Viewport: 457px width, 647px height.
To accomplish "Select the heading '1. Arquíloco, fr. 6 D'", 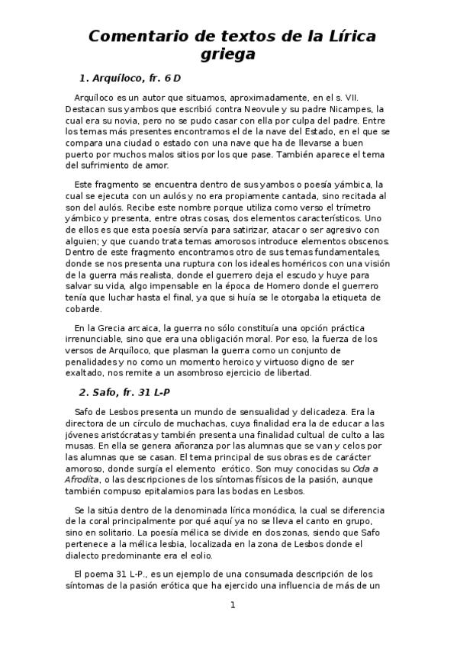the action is click(130, 79).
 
